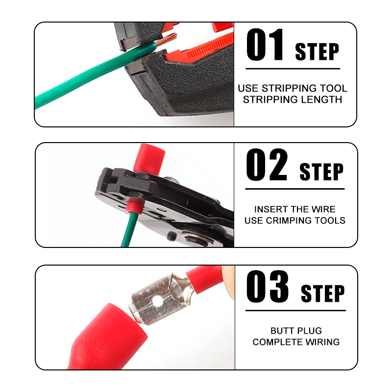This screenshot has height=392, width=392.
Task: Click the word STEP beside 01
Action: click(x=317, y=51)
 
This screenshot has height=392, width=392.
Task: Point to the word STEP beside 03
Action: click(x=322, y=293)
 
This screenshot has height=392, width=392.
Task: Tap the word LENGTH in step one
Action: click(x=321, y=100)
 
